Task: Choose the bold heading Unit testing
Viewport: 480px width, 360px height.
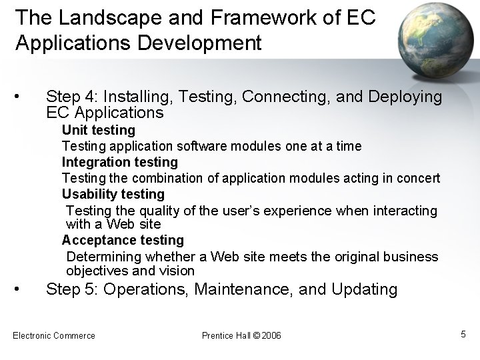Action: point(99,130)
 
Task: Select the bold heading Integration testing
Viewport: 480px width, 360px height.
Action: point(120,162)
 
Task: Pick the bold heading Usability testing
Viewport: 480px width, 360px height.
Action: point(113,194)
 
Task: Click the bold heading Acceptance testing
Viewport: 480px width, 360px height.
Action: point(123,239)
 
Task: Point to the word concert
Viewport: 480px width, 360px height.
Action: point(417,178)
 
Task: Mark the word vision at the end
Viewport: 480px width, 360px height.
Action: point(177,271)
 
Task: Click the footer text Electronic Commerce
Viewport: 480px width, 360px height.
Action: point(54,335)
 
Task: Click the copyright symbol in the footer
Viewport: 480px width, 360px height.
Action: point(257,335)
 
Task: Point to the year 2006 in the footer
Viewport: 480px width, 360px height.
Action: point(271,335)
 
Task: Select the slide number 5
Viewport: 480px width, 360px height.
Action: point(463,334)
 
